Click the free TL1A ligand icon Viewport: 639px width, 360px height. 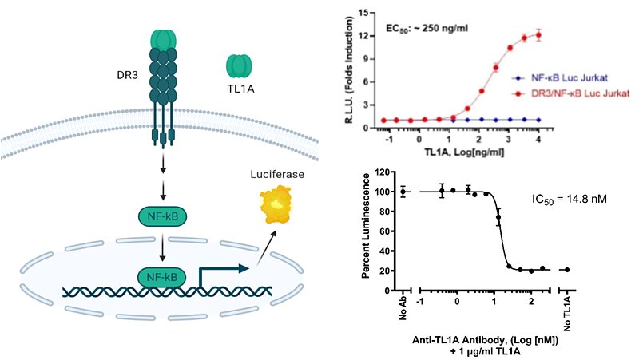[x=240, y=67]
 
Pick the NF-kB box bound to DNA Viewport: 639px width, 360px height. [x=162, y=277]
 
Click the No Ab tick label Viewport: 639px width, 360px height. [x=403, y=306]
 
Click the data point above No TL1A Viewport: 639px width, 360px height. [x=567, y=270]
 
